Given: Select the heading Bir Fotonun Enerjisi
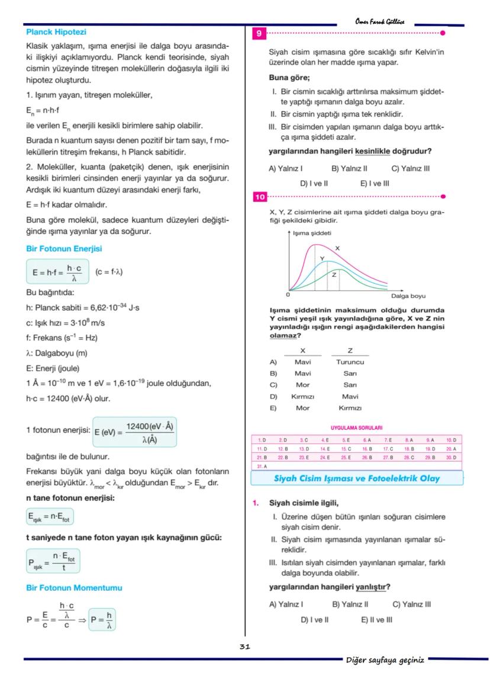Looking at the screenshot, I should click(x=64, y=249).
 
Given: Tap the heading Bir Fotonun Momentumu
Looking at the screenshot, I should click(x=74, y=588).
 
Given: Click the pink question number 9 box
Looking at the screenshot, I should click(x=259, y=34).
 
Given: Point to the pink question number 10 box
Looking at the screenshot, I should click(x=260, y=197).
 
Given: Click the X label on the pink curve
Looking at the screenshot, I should click(x=337, y=248).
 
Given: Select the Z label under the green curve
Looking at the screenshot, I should click(x=334, y=275).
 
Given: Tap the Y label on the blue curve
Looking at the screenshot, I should click(x=322, y=259).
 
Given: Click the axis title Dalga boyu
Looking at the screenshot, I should click(x=408, y=296).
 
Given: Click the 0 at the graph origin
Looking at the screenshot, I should click(x=288, y=295).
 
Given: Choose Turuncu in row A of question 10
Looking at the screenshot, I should click(x=350, y=362).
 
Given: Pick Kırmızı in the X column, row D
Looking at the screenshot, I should click(x=302, y=396).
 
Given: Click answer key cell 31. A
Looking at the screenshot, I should click(x=262, y=467).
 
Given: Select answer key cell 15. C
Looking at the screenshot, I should click(x=347, y=449).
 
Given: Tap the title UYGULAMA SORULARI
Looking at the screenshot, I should click(x=356, y=427).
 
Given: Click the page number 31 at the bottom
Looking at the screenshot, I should click(x=245, y=647).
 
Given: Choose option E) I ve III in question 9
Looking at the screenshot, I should click(x=375, y=184).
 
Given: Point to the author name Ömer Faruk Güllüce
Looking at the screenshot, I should click(x=380, y=21).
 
